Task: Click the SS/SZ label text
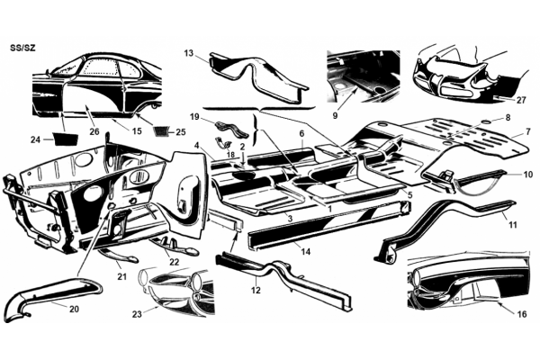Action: [x=22, y=48]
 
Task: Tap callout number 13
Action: [x=189, y=53]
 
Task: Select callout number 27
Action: [x=521, y=100]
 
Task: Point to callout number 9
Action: [x=335, y=116]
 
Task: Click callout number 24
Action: [x=35, y=139]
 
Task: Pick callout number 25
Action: [x=181, y=132]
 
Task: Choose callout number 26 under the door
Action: [x=94, y=131]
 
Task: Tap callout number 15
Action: [x=137, y=130]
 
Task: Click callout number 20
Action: [x=74, y=309]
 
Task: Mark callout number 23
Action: [x=137, y=314]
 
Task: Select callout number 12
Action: [x=256, y=291]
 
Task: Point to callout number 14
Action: [x=305, y=252]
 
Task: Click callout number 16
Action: [x=522, y=314]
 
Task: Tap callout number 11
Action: [x=513, y=225]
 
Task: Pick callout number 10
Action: [x=527, y=175]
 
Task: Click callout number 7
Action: [x=528, y=131]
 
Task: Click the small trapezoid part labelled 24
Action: [x=65, y=139]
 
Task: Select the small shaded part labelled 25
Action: [x=160, y=131]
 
